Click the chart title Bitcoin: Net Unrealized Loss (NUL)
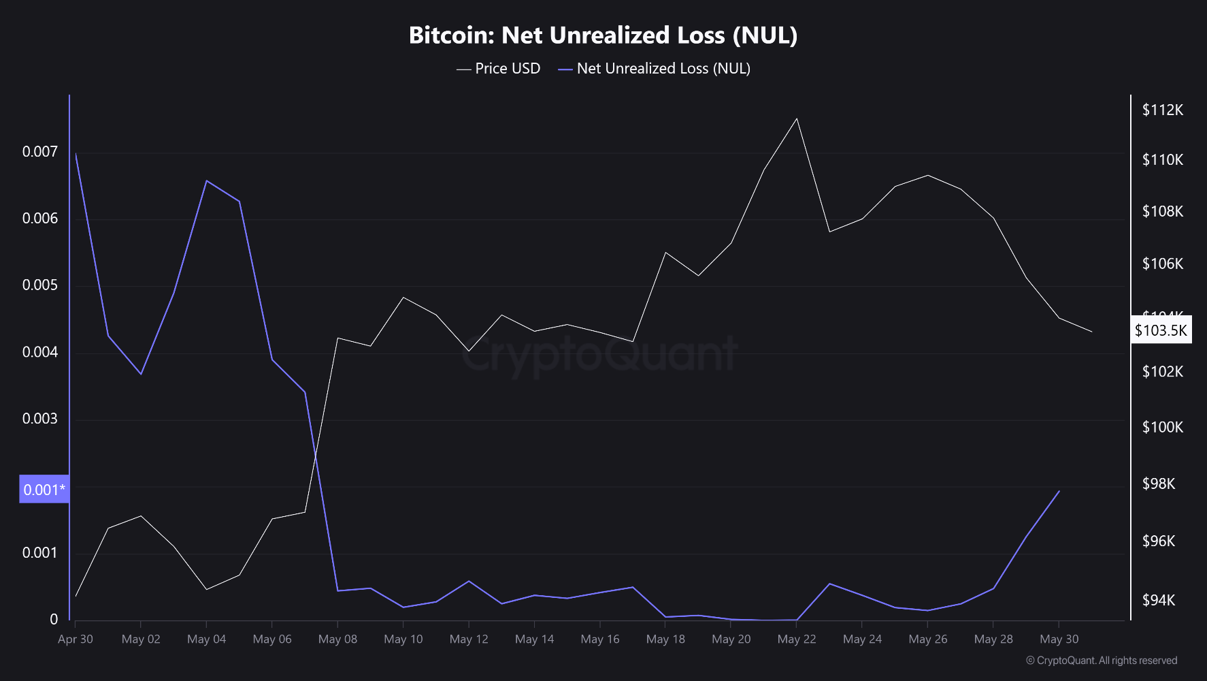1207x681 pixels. [x=603, y=35]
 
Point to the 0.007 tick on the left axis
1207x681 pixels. [x=40, y=151]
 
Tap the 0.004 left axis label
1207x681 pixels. [x=40, y=352]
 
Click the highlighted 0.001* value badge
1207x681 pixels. [x=44, y=489]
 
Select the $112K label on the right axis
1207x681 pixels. [x=1163, y=110]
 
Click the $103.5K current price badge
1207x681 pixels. [x=1161, y=330]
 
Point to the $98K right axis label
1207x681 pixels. [x=1163, y=484]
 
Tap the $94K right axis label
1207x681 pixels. [x=1163, y=600]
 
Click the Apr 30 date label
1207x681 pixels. [x=76, y=639]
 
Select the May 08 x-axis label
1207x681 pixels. [x=337, y=639]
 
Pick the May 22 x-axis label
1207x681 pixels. [x=797, y=639]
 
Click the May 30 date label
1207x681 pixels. [x=1059, y=639]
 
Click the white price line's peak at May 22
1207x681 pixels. [x=797, y=118]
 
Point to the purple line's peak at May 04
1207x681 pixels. [x=207, y=180]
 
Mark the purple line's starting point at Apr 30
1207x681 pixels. [x=76, y=154]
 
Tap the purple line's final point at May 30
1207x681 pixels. [x=1059, y=491]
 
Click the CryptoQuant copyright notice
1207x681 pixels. [x=1102, y=661]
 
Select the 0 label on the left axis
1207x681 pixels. [x=54, y=619]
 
